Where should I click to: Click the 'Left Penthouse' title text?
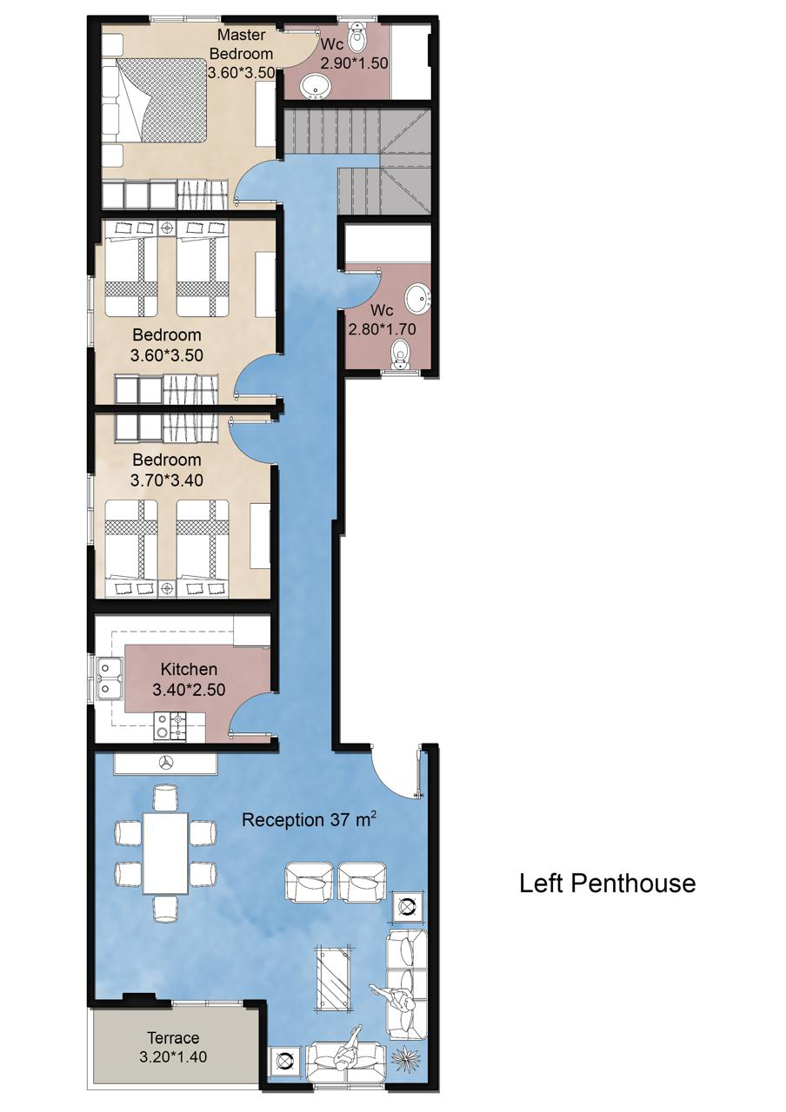tap(607, 884)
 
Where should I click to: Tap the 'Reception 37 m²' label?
tap(308, 819)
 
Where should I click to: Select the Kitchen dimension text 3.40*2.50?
tap(189, 690)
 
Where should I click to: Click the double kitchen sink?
tap(110, 678)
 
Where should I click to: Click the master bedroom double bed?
tap(154, 102)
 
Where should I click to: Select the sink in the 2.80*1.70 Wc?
tap(418, 298)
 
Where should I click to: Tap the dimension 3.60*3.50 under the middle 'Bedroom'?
tap(166, 355)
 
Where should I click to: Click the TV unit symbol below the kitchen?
tap(165, 763)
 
